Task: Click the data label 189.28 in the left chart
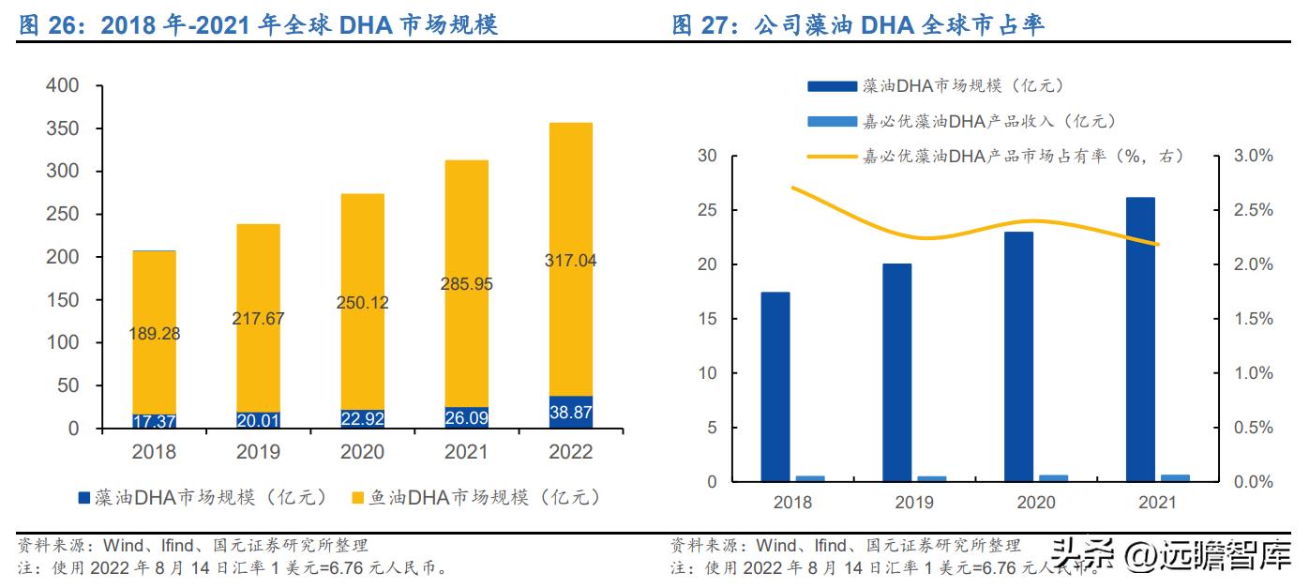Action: pyautogui.click(x=155, y=333)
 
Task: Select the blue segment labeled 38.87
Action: pyautogui.click(x=569, y=412)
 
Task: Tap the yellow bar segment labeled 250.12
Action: pyautogui.click(x=362, y=303)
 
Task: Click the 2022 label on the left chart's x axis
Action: pyautogui.click(x=569, y=452)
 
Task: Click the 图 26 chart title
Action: pyautogui.click(x=258, y=26)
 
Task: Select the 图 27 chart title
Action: pyautogui.click(x=858, y=26)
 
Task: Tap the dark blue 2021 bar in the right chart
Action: pyautogui.click(x=1140, y=339)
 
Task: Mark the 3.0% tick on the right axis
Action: pyautogui.click(x=1252, y=156)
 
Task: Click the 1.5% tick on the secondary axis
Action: pyautogui.click(x=1252, y=319)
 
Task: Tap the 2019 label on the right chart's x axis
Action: pyautogui.click(x=914, y=502)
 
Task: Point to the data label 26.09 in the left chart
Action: pyautogui.click(x=466, y=415)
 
